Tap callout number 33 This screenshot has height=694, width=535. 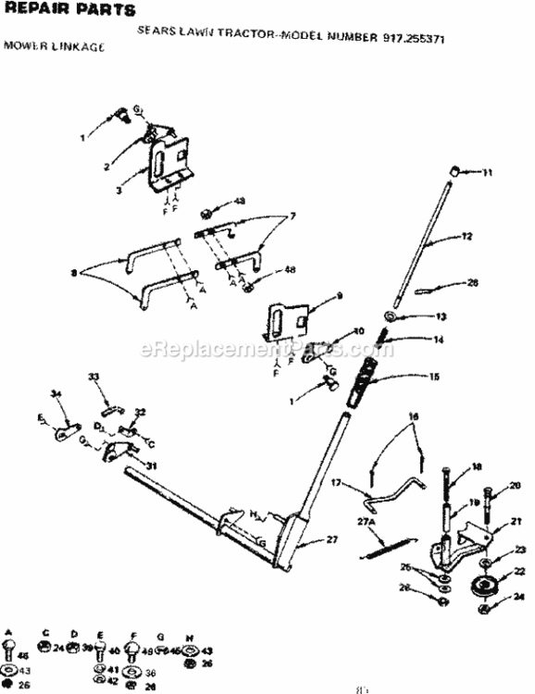[93, 377]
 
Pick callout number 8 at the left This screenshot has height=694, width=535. [73, 273]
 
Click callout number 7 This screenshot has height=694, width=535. [292, 216]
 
